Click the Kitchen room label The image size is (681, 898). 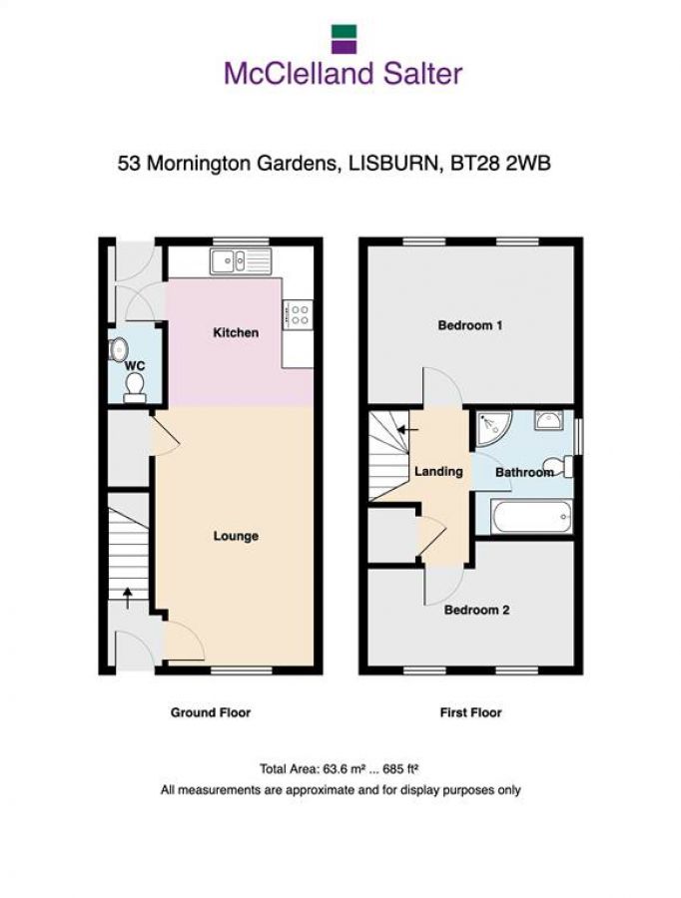[x=236, y=332]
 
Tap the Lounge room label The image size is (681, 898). [x=236, y=536]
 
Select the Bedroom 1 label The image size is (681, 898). [x=469, y=325]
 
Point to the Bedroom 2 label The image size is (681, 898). [x=476, y=609]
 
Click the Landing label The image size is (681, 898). [x=437, y=471]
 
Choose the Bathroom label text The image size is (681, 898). [x=524, y=472]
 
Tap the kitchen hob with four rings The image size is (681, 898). [x=299, y=315]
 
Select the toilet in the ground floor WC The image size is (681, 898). [x=135, y=387]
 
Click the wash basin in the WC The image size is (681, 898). [x=118, y=349]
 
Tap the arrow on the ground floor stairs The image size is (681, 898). [x=127, y=597]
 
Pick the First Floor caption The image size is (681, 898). [x=470, y=712]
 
